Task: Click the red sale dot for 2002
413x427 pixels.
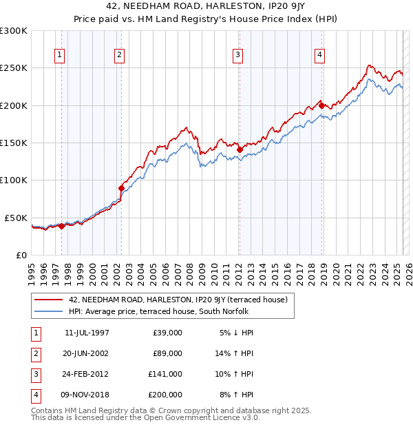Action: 122,188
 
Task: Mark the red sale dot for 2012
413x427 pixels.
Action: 240,149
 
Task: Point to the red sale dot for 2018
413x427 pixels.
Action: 321,105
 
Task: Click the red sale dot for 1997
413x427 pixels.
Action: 61,225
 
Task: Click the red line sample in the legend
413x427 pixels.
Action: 50,300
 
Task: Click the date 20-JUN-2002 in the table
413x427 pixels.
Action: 86,353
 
